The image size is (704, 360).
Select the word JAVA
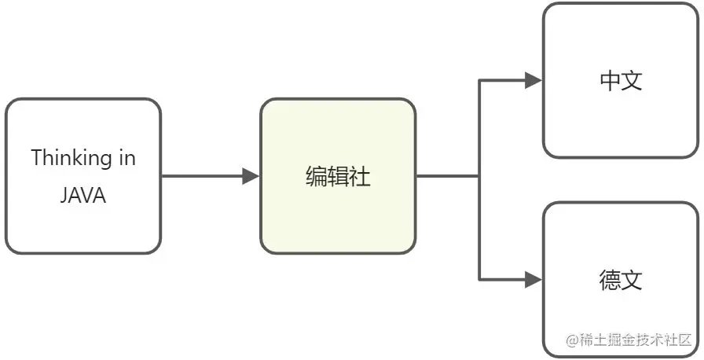(82, 196)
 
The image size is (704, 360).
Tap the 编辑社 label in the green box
(338, 177)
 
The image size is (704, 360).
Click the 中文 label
(621, 80)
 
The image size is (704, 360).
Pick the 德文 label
(621, 280)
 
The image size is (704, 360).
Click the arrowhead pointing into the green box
(251, 176)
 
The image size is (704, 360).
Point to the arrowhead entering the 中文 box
(533, 80)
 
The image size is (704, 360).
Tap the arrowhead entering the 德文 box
(533, 279)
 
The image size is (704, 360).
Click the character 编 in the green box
(316, 177)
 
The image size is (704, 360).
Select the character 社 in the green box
(360, 177)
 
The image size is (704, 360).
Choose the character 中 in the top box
(610, 80)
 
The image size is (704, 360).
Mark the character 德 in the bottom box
(610, 280)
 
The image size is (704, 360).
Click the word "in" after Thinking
(126, 158)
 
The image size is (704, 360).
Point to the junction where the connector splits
(479, 176)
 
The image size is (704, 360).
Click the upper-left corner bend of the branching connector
(479, 80)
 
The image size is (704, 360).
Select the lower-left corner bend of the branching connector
(479, 279)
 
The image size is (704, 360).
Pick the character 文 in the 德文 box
(632, 280)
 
